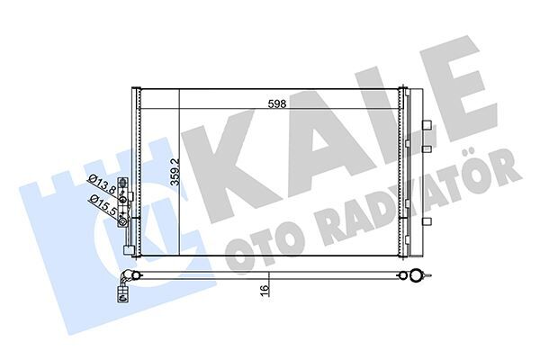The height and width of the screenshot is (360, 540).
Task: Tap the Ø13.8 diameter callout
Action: pos(101,188)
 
